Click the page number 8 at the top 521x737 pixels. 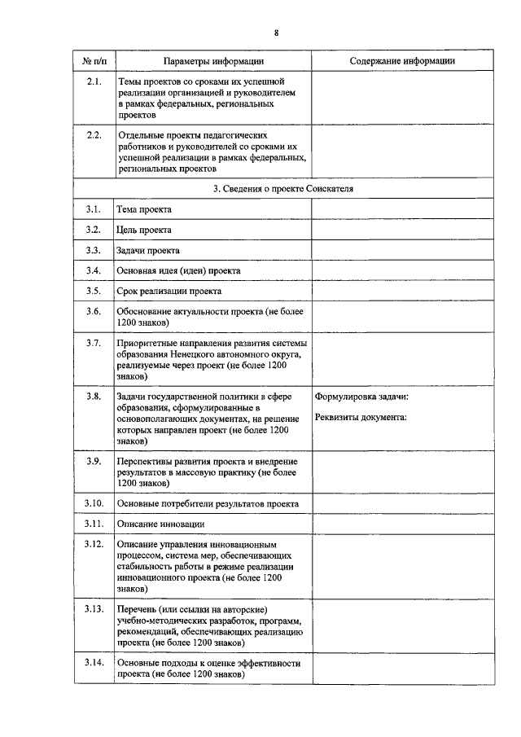[x=276, y=32]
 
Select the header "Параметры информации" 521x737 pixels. [x=213, y=62]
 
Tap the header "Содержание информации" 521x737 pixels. [x=402, y=62]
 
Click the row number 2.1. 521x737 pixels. [x=94, y=82]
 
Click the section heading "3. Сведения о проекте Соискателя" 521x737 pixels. [x=282, y=188]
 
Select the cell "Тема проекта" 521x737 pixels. [x=144, y=209]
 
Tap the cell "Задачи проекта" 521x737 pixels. [x=147, y=250]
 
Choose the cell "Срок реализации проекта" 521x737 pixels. [x=169, y=291]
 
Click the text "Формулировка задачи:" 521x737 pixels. [x=361, y=397]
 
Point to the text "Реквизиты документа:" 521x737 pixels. [x=361, y=417]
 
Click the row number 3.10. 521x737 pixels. [x=94, y=503]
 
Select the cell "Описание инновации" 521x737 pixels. [x=160, y=524]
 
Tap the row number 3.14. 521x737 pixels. [x=94, y=663]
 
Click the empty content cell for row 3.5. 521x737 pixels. [x=402, y=291]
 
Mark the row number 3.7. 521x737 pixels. [x=94, y=343]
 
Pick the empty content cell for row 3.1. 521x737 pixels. [x=402, y=209]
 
